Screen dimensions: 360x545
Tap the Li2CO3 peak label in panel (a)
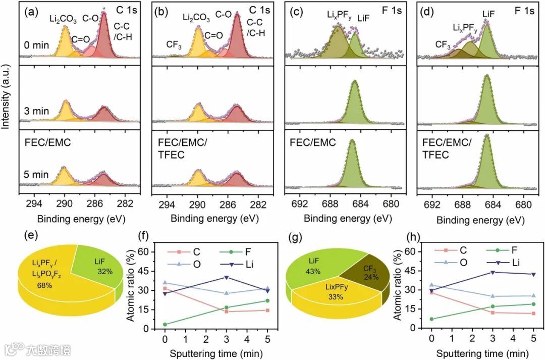pos(63,19)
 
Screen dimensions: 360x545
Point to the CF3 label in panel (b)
pos(174,44)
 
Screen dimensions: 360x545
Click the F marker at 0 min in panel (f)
pos(165,324)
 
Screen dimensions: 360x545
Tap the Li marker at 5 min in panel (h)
pos(533,274)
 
